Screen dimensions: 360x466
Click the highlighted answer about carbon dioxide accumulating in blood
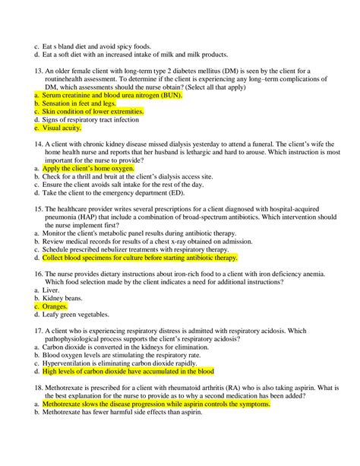click(128, 372)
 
